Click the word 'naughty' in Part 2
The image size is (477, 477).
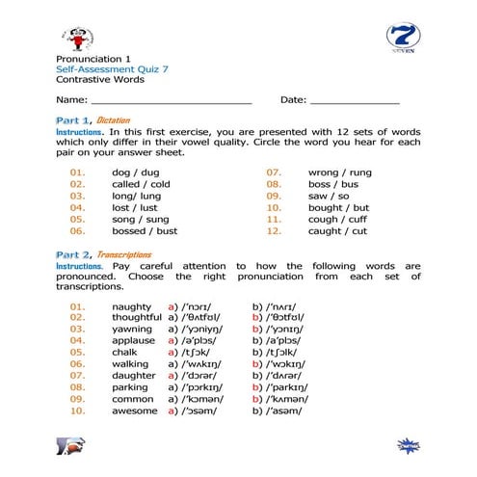point(130,305)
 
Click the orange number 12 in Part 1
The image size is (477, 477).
point(274,231)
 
